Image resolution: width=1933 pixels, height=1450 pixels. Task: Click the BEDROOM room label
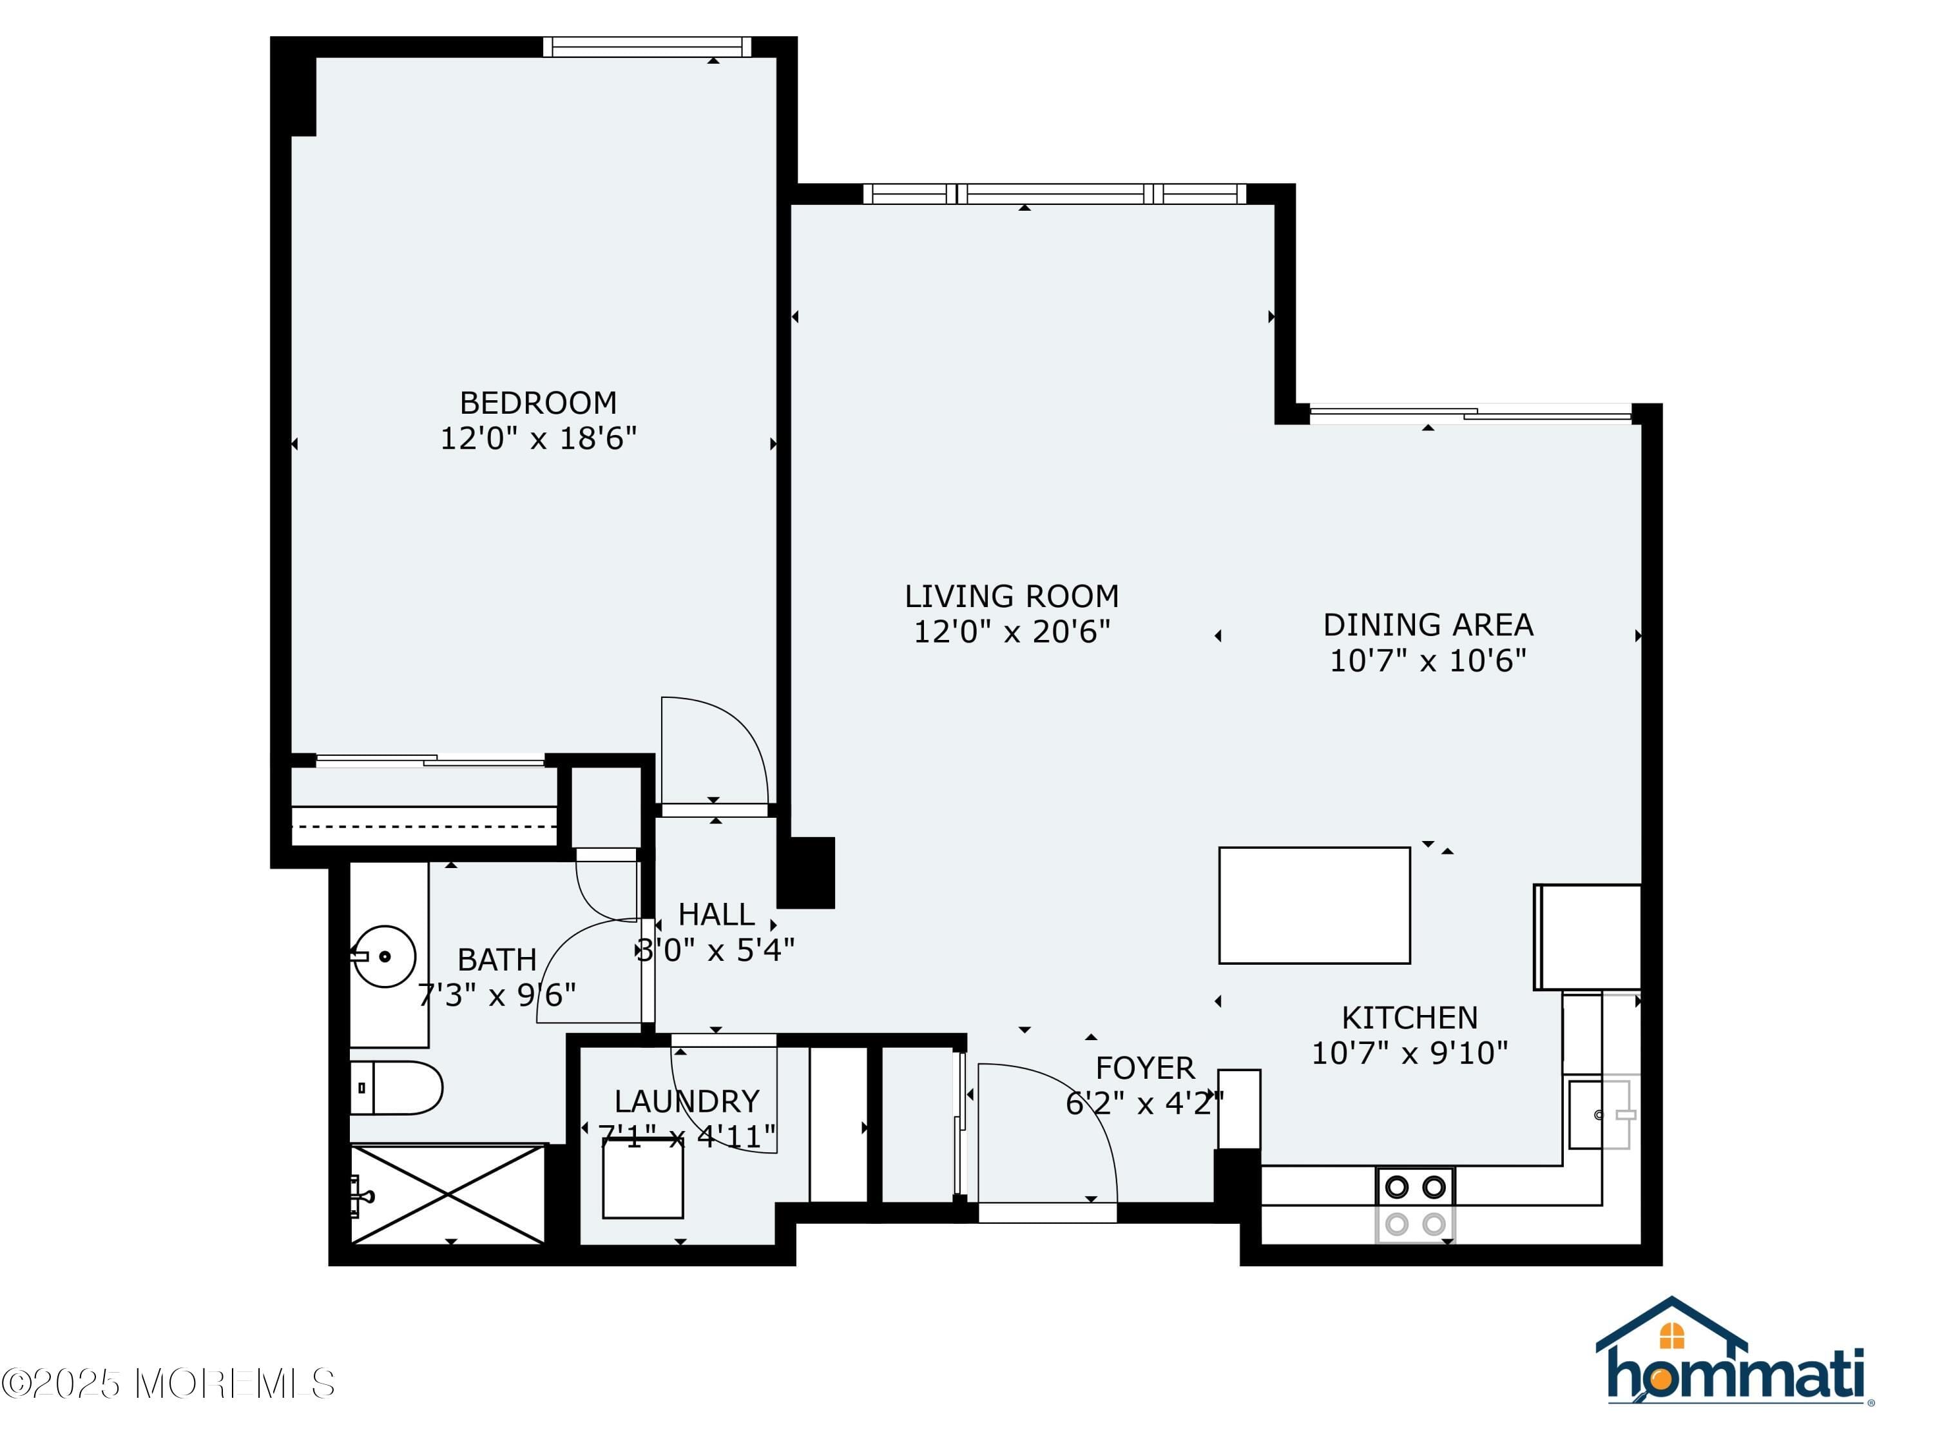(538, 403)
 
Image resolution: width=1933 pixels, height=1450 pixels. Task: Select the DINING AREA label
(1427, 625)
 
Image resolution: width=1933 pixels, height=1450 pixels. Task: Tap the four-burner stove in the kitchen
(1415, 1204)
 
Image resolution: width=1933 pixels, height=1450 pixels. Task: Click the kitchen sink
(1599, 1114)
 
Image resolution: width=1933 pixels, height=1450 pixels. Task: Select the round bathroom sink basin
(385, 956)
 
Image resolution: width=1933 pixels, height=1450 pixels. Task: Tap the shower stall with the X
(447, 1194)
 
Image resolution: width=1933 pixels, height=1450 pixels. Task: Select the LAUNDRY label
(686, 1101)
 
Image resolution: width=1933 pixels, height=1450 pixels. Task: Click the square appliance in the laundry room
(642, 1178)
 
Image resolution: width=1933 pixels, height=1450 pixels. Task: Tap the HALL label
(716, 914)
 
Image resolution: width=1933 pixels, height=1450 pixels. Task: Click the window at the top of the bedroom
(647, 46)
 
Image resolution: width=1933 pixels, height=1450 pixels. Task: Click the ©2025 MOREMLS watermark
(168, 1383)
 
